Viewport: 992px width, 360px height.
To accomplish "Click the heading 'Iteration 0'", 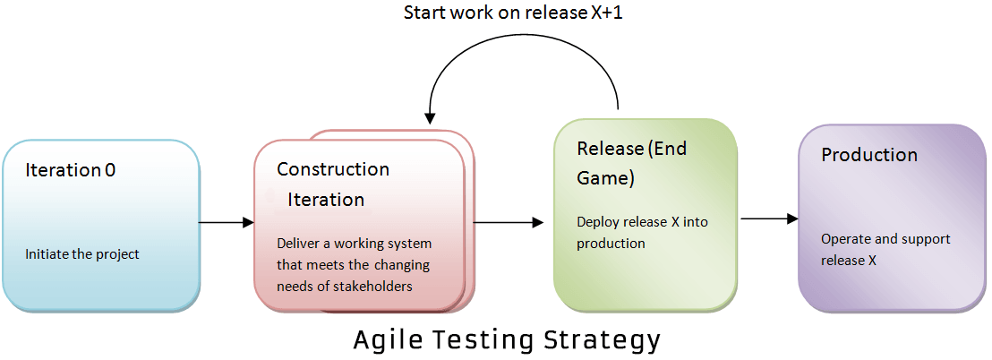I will (71, 170).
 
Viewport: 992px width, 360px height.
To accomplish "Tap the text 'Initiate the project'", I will (82, 254).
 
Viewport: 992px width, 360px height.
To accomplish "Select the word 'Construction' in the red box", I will (333, 169).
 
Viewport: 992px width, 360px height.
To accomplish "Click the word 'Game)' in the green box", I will (605, 178).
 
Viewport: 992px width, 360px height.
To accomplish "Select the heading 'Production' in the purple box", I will (869, 155).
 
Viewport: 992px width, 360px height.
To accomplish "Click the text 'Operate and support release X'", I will (885, 250).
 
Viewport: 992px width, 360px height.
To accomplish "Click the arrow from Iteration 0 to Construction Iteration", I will (226, 221).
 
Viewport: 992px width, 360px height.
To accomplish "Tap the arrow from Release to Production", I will (769, 218).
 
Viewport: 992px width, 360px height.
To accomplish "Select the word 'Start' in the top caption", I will (423, 13).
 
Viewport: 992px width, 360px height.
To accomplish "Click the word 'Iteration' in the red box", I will (326, 200).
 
